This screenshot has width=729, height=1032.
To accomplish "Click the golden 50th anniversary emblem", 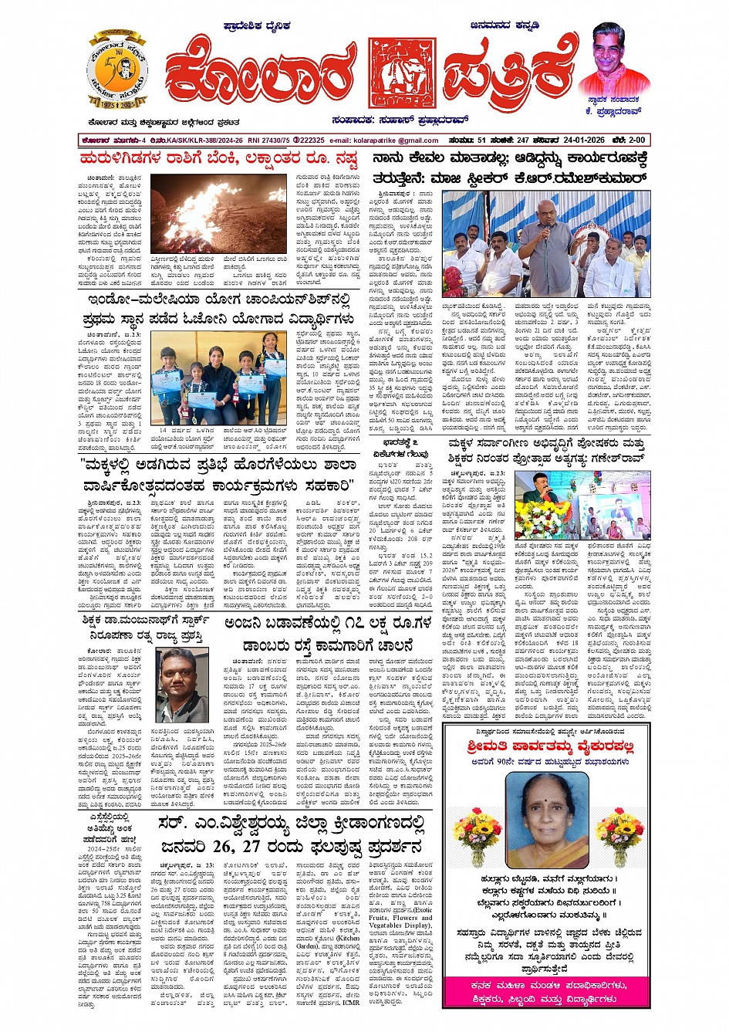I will click(117, 70).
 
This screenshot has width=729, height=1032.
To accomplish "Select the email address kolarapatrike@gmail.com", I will click(395, 140).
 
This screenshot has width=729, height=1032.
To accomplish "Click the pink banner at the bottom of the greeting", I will click(547, 991).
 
